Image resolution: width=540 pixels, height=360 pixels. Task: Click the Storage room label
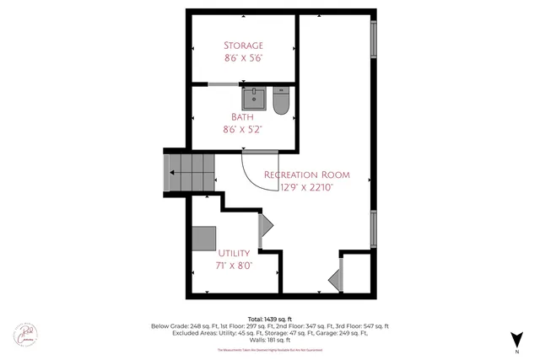tap(243, 45)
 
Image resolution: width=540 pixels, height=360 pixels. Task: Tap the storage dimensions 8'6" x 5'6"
tap(243, 59)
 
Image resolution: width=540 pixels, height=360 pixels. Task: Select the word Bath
tap(243, 116)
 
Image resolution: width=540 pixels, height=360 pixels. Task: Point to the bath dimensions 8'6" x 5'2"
tap(243, 130)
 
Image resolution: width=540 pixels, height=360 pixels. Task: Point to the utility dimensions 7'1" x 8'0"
tap(235, 266)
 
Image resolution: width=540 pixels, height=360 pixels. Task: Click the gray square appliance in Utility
tap(203, 238)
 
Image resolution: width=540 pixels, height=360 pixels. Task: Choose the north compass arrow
tap(515, 340)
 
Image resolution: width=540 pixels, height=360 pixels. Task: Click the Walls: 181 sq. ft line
tap(269, 341)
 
